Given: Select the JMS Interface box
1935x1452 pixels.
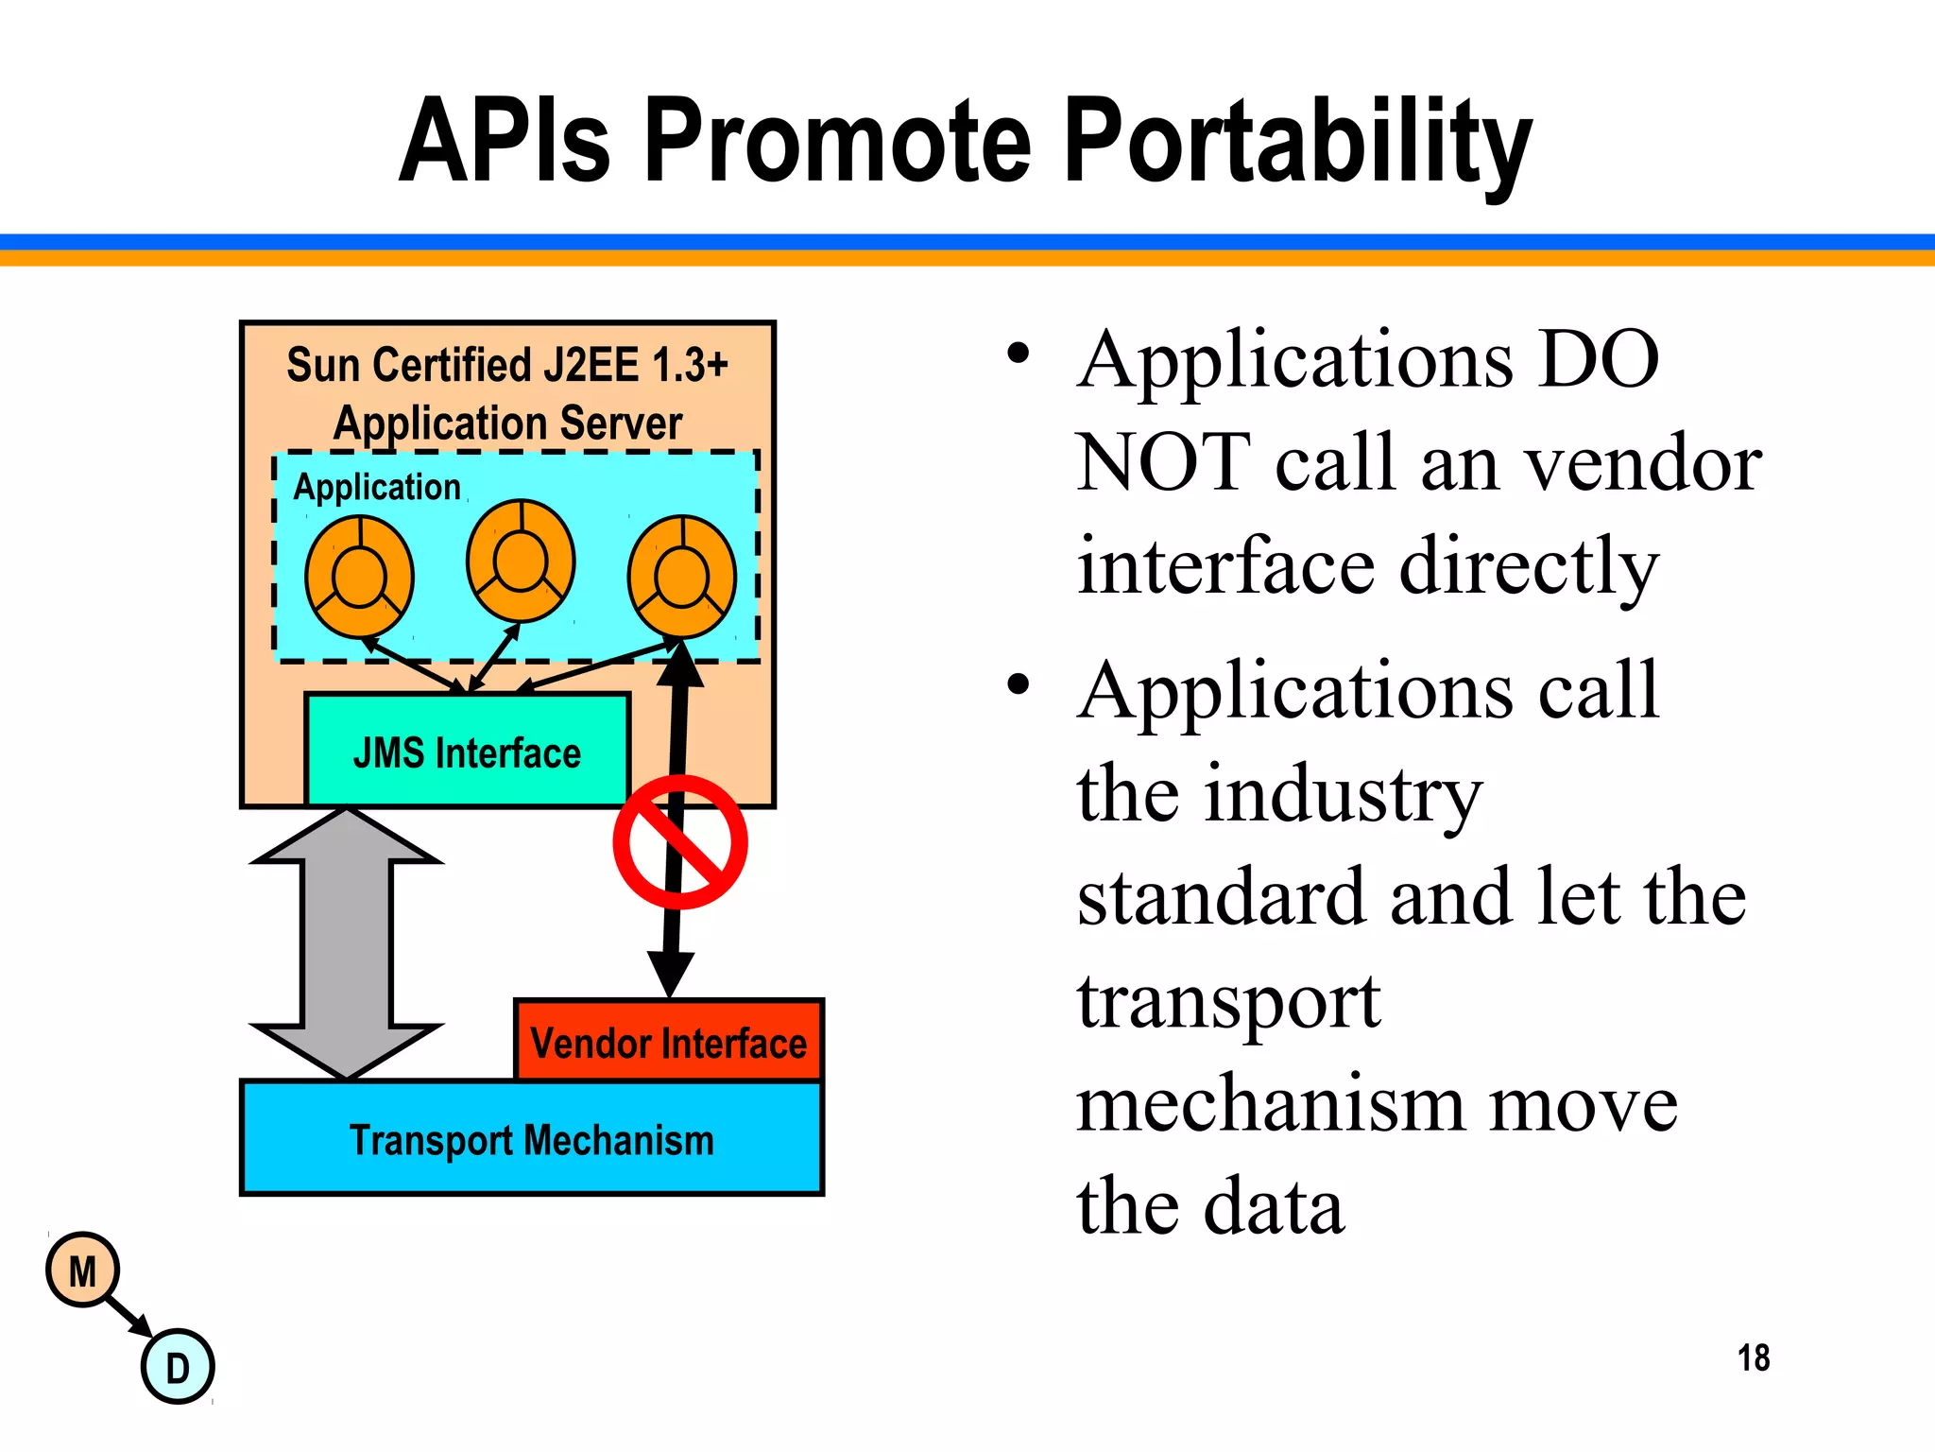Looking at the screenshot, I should pos(467,752).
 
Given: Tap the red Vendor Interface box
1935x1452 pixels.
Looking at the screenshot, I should pos(668,1043).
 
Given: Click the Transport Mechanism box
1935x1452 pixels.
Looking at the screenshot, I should pos(531,1139).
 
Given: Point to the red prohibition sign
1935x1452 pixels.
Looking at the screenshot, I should pos(679,841).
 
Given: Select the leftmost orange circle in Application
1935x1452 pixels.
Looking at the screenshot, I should pos(359,576).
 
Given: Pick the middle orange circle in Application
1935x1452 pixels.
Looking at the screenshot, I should pos(521,561).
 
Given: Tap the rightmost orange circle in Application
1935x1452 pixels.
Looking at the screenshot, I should pos(682,576).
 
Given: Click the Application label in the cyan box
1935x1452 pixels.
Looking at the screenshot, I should pos(376,487).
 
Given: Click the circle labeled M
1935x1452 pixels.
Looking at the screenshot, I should pos(82,1270).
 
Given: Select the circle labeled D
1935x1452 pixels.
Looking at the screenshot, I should pos(178,1367).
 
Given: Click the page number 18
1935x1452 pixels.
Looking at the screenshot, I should pos(1753,1357).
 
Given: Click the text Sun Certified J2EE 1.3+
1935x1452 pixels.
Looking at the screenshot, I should pos(507,365).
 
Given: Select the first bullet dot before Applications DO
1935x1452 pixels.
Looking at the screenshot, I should pos(1018,354).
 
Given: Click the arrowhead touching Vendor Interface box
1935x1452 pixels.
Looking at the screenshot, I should pos(670,974).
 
